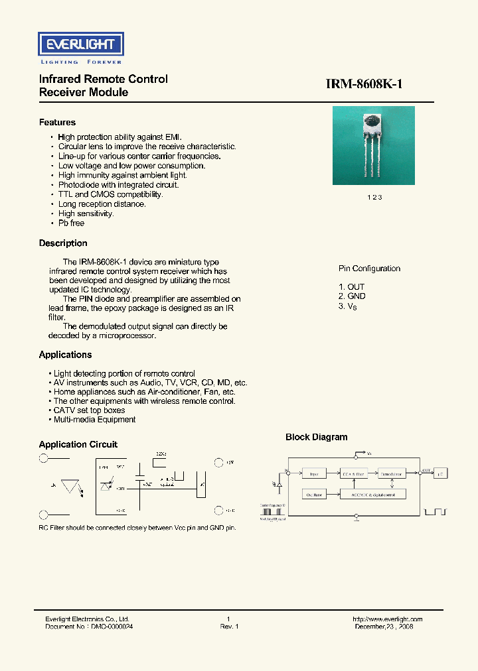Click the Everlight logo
pyautogui.click(x=81, y=45)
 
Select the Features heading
pyautogui.click(x=57, y=123)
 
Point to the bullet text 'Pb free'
pyautogui.click(x=71, y=223)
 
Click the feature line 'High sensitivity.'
pyautogui.click(x=86, y=213)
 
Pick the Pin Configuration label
pyautogui.click(x=369, y=269)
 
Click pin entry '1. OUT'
pyautogui.click(x=352, y=287)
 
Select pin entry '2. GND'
pyautogui.click(x=352, y=296)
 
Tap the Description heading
pyautogui.click(x=63, y=243)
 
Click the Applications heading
pyautogui.click(x=65, y=355)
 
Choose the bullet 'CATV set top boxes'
pyautogui.click(x=92, y=410)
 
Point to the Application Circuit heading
pyautogui.click(x=78, y=444)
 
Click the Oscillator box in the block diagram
pyautogui.click(x=314, y=495)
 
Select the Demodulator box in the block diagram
pyautogui.click(x=392, y=473)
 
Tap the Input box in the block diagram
pyautogui.click(x=314, y=473)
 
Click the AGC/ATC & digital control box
pyautogui.click(x=372, y=495)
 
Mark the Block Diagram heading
pyautogui.click(x=316, y=437)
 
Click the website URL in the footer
pyautogui.click(x=387, y=619)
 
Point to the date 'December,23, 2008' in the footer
pyautogui.click(x=384, y=626)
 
